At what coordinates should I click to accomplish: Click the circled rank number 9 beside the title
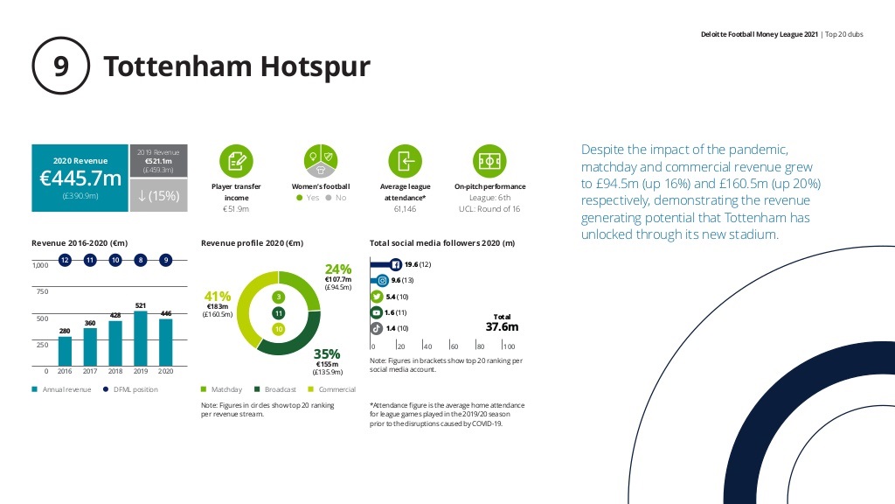(x=60, y=66)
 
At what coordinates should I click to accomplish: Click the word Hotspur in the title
(x=315, y=66)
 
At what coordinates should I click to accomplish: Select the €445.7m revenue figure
(x=80, y=178)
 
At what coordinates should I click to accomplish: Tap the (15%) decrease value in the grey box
(x=159, y=196)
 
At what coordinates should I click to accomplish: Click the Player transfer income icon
(x=236, y=161)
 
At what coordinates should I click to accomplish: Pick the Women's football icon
(x=321, y=161)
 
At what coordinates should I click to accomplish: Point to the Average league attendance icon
(x=406, y=161)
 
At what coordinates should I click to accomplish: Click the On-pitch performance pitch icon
(x=489, y=161)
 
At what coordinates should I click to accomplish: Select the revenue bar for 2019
(x=141, y=339)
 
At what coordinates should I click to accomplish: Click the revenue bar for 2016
(x=65, y=351)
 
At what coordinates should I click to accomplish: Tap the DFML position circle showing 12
(x=65, y=260)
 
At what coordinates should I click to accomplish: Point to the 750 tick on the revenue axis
(x=42, y=291)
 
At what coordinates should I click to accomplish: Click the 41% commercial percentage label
(x=218, y=296)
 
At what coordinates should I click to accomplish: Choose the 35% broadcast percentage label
(x=327, y=353)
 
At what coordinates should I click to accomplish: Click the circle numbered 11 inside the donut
(x=279, y=313)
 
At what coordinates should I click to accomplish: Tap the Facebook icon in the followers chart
(x=396, y=264)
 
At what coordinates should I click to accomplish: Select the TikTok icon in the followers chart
(x=376, y=329)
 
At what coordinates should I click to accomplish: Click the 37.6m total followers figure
(x=503, y=327)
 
